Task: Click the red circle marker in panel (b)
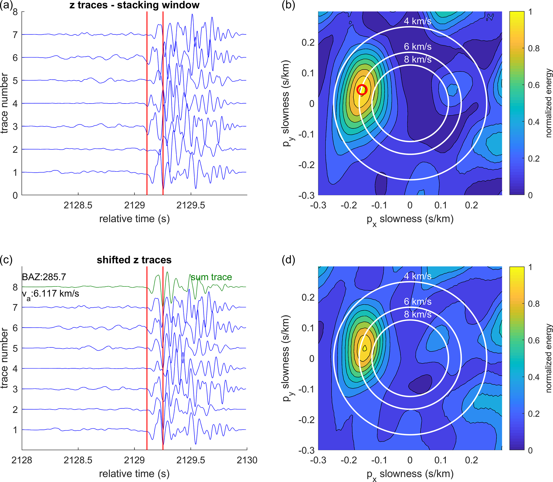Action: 362,90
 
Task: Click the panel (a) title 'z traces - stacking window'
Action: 134,5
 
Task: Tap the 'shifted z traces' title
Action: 134,260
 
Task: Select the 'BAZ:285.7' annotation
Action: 44,277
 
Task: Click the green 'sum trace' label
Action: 211,277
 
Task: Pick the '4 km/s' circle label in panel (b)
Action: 417,21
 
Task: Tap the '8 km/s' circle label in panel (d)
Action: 417,314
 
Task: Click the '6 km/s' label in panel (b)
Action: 417,47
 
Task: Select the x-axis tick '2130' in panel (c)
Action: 247,460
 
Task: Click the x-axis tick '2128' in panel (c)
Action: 22,460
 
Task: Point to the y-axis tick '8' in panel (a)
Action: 15,12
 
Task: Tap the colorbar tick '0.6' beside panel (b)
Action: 534,85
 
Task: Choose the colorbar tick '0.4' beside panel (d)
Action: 534,377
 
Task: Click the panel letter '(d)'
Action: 288,260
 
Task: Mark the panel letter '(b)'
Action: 288,5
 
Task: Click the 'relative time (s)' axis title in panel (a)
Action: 134,219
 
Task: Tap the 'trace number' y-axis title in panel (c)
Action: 4,358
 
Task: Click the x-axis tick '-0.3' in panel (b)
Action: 318,205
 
